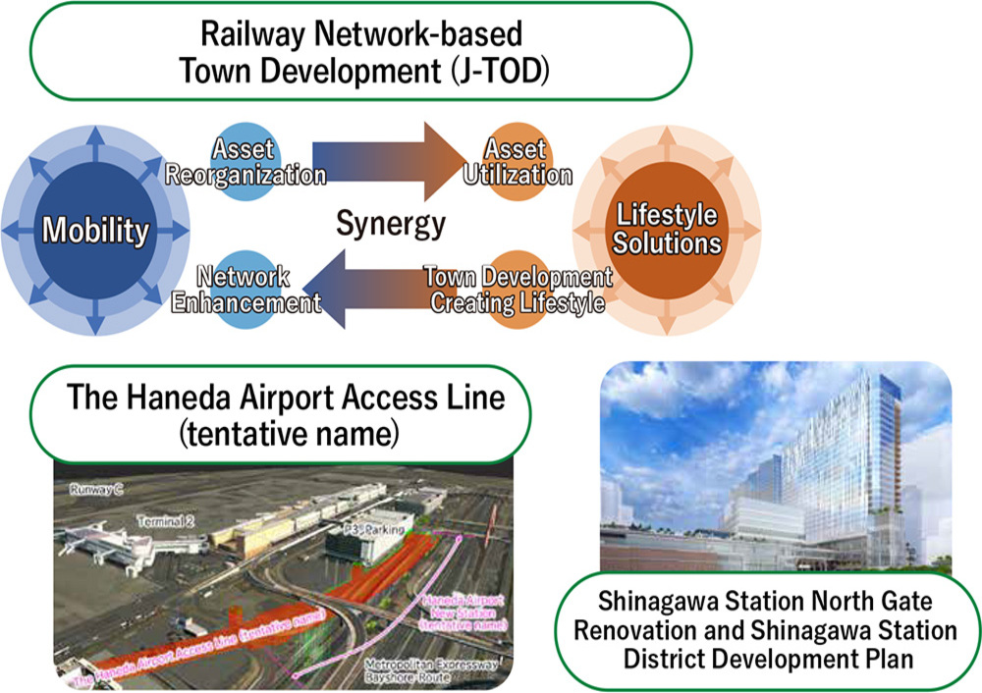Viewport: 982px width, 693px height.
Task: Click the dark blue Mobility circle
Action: (95, 231)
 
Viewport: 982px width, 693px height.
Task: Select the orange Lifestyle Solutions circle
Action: (667, 228)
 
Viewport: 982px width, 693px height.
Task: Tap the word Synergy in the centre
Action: (390, 224)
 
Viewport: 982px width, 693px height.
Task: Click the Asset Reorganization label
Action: (245, 163)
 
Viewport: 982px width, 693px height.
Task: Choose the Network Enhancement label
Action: (246, 290)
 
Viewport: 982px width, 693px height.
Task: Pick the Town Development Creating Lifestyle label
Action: (518, 290)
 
